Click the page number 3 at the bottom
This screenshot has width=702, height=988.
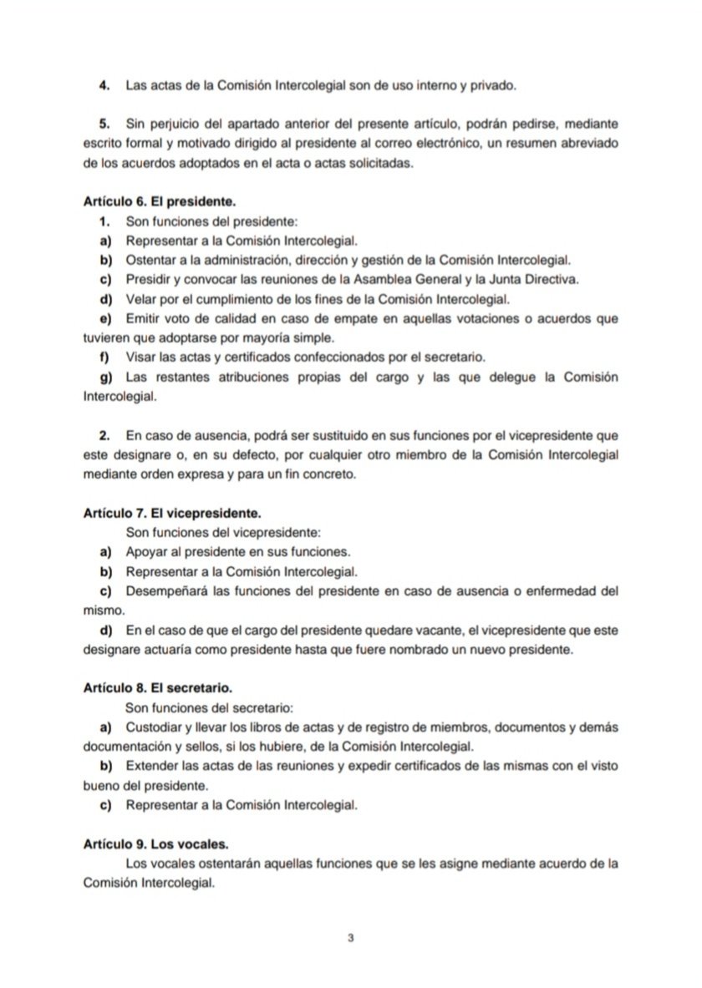351,938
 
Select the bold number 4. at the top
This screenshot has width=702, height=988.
106,85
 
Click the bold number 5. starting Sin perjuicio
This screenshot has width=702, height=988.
106,124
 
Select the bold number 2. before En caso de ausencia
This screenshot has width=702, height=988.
106,437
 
